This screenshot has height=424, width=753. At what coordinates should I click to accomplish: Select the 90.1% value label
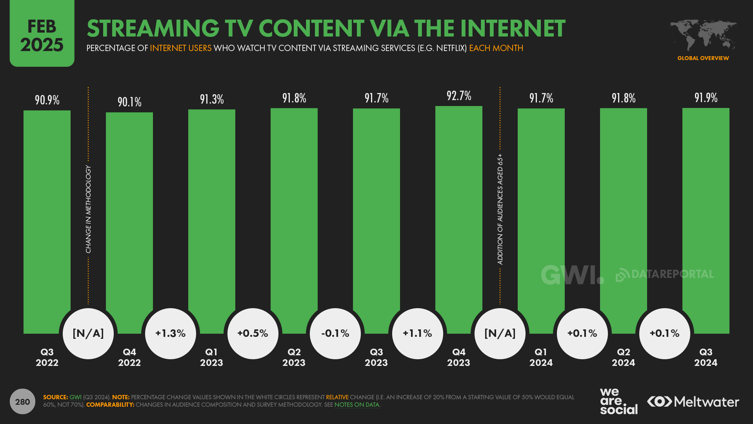pyautogui.click(x=129, y=102)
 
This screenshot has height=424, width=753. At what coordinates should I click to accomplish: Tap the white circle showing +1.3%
pyautogui.click(x=171, y=333)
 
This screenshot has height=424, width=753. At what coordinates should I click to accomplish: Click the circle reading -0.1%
pyautogui.click(x=335, y=333)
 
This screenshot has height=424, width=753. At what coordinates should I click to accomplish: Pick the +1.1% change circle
pyautogui.click(x=418, y=333)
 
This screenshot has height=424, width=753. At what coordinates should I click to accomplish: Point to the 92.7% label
pyautogui.click(x=459, y=96)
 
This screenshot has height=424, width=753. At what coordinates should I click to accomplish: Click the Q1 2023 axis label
pyautogui.click(x=211, y=357)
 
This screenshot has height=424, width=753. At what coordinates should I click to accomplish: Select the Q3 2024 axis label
pyautogui.click(x=706, y=357)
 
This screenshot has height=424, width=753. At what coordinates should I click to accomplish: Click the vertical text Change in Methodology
pyautogui.click(x=88, y=209)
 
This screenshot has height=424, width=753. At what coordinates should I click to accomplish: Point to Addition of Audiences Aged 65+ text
pyautogui.click(x=500, y=209)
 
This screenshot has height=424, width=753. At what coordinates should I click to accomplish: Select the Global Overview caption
pyautogui.click(x=703, y=58)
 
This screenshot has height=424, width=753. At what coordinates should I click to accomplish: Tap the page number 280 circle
pyautogui.click(x=22, y=402)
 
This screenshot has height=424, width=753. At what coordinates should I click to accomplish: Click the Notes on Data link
pyautogui.click(x=356, y=405)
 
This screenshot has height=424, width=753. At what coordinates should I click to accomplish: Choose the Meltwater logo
pyautogui.click(x=693, y=402)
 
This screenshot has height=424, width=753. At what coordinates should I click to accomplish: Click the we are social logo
pyautogui.click(x=618, y=401)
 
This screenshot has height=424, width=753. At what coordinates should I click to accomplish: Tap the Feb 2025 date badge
pyautogui.click(x=42, y=35)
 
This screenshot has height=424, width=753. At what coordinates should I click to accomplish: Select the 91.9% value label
pyautogui.click(x=706, y=98)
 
